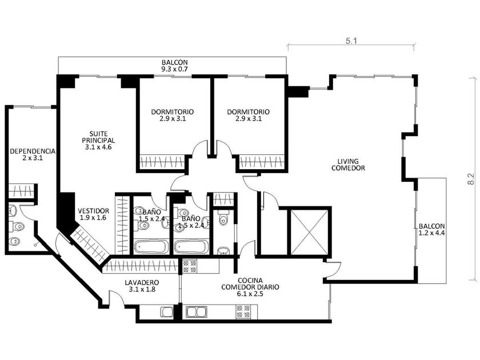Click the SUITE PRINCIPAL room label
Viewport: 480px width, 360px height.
98,137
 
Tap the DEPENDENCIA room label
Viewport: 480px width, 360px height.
33,151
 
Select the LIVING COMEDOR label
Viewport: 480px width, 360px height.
348,165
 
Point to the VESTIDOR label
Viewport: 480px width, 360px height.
93,211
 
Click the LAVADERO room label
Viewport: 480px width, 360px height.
142,282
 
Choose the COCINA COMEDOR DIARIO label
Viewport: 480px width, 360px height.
250,284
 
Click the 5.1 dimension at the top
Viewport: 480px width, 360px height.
351,41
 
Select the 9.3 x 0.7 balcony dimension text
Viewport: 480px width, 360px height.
174,69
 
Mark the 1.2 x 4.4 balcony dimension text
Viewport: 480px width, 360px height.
431,233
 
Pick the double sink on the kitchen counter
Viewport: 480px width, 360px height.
196,312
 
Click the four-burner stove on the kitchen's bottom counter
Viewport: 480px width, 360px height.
243,311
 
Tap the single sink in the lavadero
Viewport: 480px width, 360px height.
167,312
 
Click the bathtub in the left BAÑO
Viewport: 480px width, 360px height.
151,247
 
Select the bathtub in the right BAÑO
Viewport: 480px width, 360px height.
191,247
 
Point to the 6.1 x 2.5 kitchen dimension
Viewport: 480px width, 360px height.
250,294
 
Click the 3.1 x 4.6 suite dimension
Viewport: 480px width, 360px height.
98,147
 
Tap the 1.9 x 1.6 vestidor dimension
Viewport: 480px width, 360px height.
93,218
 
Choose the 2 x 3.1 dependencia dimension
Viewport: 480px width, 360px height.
33,158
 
